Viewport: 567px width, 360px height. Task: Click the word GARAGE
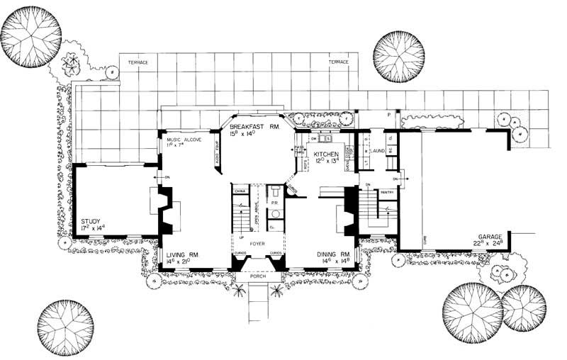(489, 236)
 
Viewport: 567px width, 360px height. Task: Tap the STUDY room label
(90, 220)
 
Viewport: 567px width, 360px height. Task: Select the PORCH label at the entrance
(257, 276)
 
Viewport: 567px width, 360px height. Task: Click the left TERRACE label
(137, 62)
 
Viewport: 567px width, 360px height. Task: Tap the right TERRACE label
(339, 62)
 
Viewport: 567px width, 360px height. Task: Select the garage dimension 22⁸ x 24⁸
(489, 244)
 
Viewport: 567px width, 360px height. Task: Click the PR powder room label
(274, 203)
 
